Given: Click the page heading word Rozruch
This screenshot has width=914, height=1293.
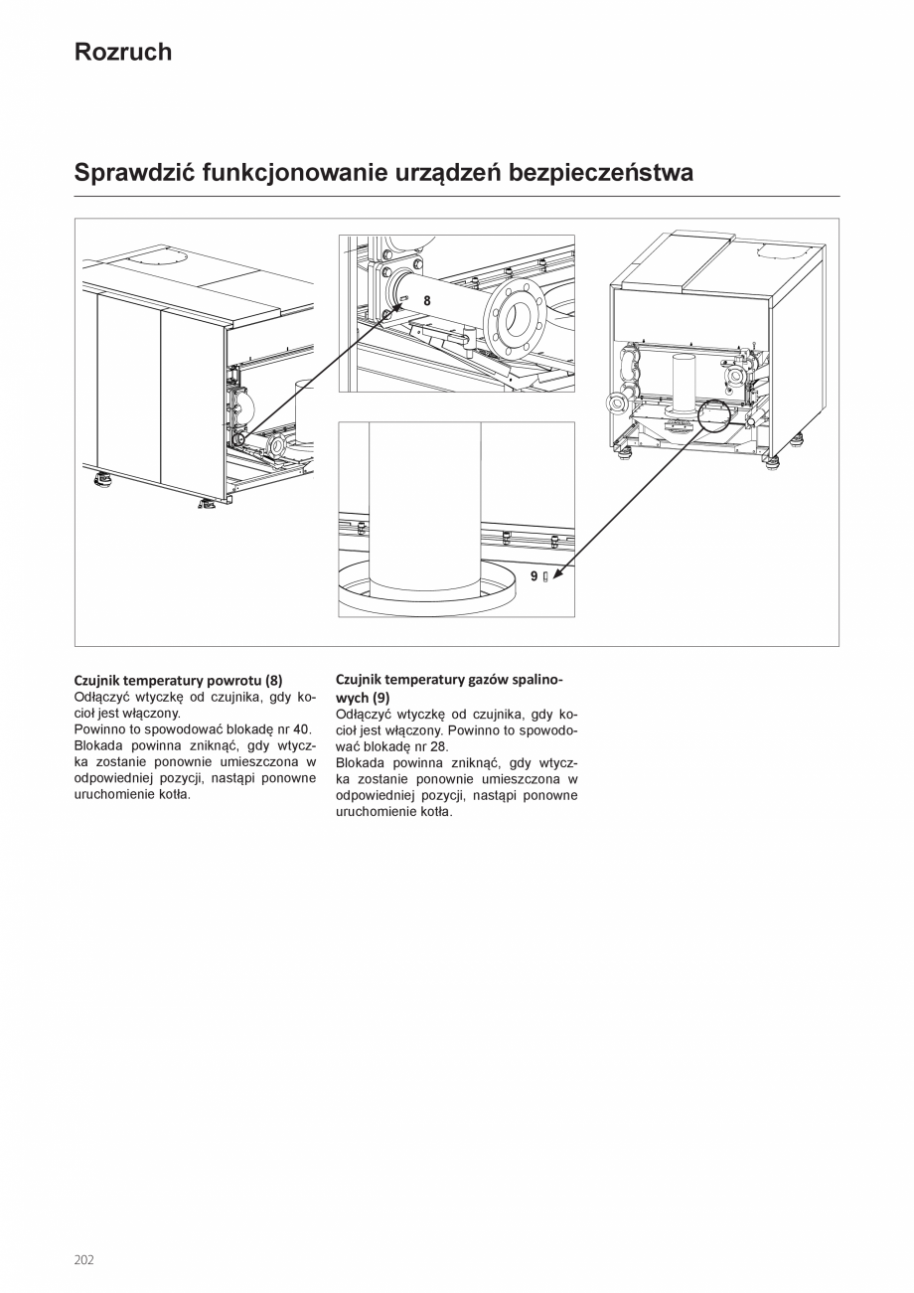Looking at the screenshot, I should [x=122, y=53].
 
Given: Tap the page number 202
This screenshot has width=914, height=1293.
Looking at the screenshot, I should [x=83, y=1259].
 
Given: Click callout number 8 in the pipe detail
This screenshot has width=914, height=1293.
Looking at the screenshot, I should [x=427, y=300].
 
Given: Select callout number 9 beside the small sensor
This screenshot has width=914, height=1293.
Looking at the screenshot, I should [x=533, y=575].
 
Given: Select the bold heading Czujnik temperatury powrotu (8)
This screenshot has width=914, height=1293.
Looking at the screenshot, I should [x=178, y=680].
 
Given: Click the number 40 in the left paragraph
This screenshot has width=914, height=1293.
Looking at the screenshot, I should [x=302, y=728].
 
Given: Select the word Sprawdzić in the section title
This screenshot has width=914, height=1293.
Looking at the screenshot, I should [x=134, y=173].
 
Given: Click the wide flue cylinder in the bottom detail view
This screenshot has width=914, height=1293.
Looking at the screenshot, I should [x=425, y=507].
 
